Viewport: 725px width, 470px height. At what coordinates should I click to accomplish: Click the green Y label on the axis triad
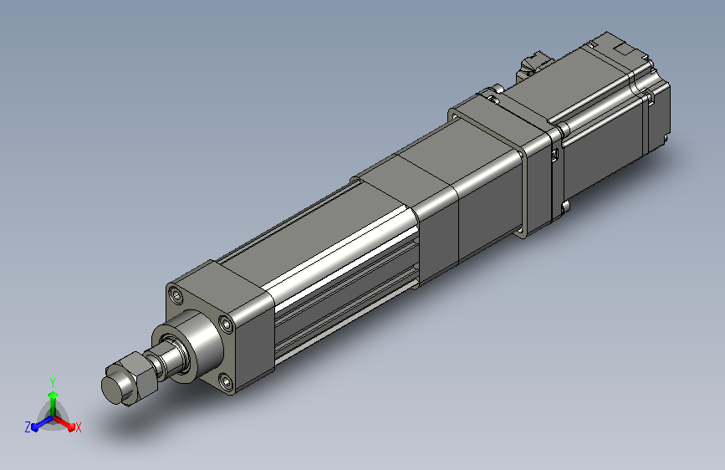click(53, 382)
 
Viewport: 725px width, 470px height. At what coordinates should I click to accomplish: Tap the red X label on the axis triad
click(78, 427)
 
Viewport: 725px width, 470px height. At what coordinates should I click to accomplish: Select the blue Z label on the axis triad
click(28, 427)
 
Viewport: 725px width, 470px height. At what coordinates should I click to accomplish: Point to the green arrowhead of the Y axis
click(54, 395)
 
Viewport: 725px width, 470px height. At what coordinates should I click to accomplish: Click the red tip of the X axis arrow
click(71, 427)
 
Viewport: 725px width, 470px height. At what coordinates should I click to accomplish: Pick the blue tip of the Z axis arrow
click(34, 427)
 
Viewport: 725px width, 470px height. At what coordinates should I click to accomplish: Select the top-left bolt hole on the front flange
click(176, 295)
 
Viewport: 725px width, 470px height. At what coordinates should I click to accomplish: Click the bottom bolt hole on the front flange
click(226, 382)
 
